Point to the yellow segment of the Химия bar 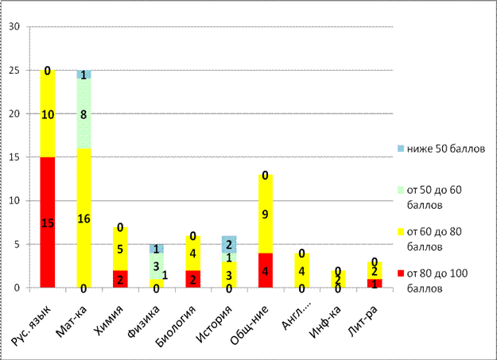(119, 248)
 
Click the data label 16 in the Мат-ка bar (83, 218)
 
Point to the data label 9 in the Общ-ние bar (263, 214)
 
